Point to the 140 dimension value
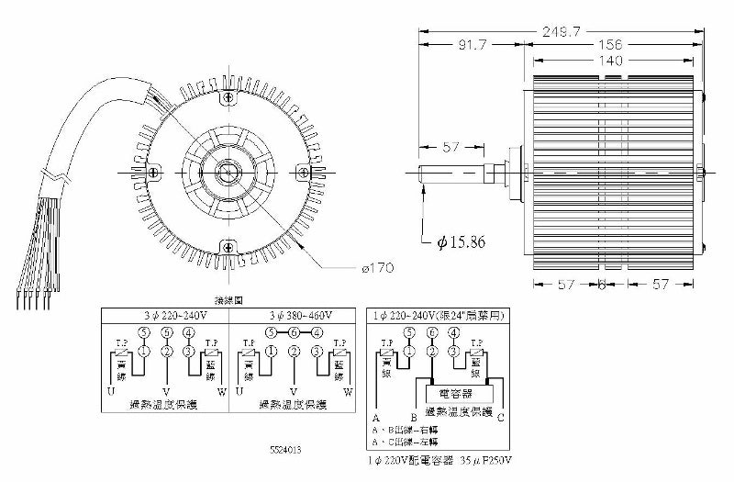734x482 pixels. click(607, 61)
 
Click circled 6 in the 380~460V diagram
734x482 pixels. click(292, 332)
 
